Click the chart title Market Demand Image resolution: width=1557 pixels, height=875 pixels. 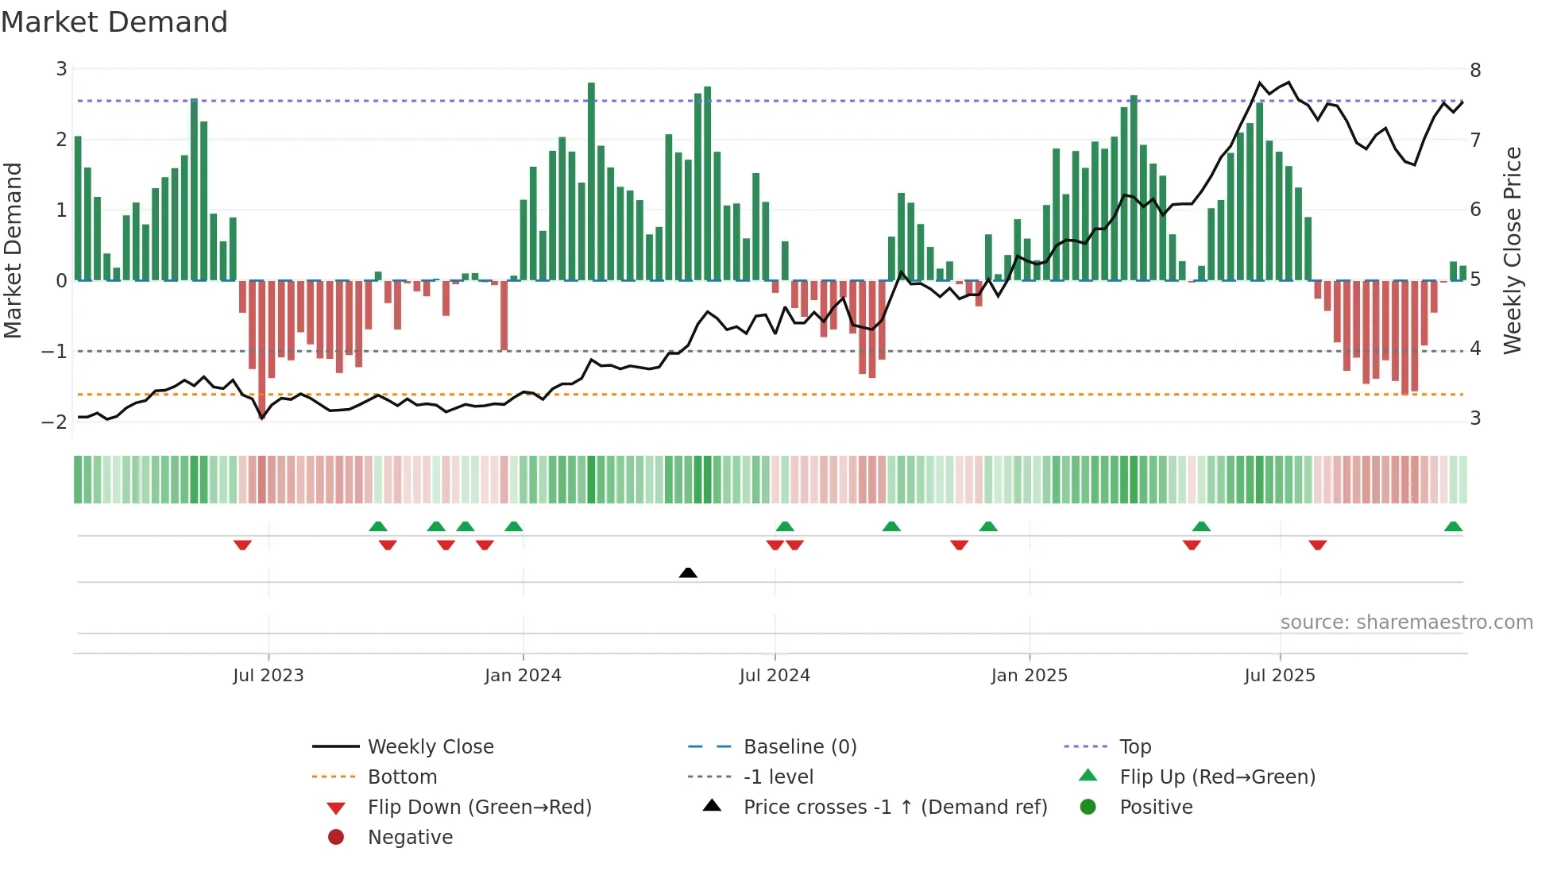pos(114,22)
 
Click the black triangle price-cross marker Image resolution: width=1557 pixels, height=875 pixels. pos(688,572)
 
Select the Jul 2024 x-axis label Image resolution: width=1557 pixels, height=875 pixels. pos(774,676)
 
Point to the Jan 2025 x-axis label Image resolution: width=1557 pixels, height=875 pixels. pos(1029,676)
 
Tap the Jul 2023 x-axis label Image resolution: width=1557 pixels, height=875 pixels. pos(268,676)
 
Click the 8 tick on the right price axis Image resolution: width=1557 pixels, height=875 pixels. pos(1475,70)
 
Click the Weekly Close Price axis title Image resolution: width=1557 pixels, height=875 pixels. pos(1513,250)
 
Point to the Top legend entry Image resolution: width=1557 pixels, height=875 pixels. pos(1134,746)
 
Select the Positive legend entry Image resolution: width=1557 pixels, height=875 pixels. pos(1155,807)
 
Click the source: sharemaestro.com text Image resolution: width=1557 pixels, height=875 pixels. pos(1406,622)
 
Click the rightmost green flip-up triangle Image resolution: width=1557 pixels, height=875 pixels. pos(1453,526)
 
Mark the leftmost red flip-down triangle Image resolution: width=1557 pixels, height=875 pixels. pos(242,545)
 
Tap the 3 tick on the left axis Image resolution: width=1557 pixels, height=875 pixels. pos(61,69)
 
